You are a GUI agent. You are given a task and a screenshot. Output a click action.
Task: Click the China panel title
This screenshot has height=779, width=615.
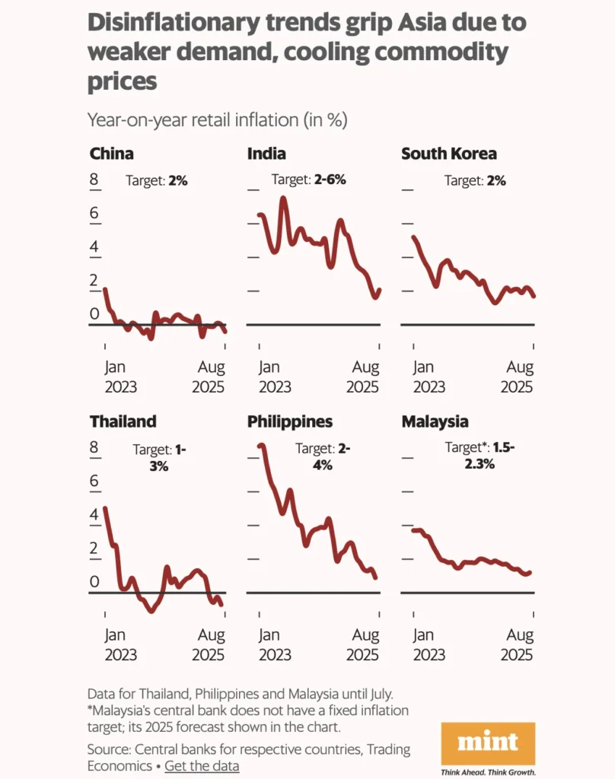(x=111, y=154)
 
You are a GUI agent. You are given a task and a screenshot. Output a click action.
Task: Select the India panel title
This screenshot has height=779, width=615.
(x=266, y=154)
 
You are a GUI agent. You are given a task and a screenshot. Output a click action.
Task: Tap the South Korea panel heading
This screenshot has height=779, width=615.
(x=448, y=154)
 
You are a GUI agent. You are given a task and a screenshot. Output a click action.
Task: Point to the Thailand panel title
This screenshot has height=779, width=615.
(x=123, y=421)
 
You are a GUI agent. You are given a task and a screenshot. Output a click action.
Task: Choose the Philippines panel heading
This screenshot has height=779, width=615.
(x=290, y=421)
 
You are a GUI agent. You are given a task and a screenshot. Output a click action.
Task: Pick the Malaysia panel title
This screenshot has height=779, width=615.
(x=435, y=421)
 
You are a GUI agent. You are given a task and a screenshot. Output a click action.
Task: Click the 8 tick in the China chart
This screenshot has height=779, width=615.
(x=94, y=180)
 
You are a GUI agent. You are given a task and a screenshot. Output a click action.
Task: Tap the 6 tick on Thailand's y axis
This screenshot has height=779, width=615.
(x=94, y=481)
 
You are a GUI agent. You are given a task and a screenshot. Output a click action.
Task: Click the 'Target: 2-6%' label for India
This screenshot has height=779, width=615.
(x=308, y=180)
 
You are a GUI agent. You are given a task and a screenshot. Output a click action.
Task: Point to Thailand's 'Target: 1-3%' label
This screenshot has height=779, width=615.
(x=160, y=456)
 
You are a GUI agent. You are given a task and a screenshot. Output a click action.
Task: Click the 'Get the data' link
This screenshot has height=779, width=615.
(x=202, y=765)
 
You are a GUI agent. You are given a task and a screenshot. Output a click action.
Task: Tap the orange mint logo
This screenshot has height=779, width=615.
(x=488, y=742)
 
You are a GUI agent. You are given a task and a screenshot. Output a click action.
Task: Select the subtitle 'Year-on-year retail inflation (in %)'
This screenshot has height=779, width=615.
(x=218, y=119)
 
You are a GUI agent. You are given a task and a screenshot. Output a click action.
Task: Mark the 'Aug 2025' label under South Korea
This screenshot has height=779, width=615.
(x=520, y=377)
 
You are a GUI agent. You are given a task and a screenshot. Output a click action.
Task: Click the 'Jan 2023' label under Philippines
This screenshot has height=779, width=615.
(x=274, y=644)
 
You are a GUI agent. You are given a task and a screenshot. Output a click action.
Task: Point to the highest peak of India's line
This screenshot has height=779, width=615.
(x=283, y=198)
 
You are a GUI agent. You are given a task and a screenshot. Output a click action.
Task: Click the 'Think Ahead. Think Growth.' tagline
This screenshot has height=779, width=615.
(x=489, y=771)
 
